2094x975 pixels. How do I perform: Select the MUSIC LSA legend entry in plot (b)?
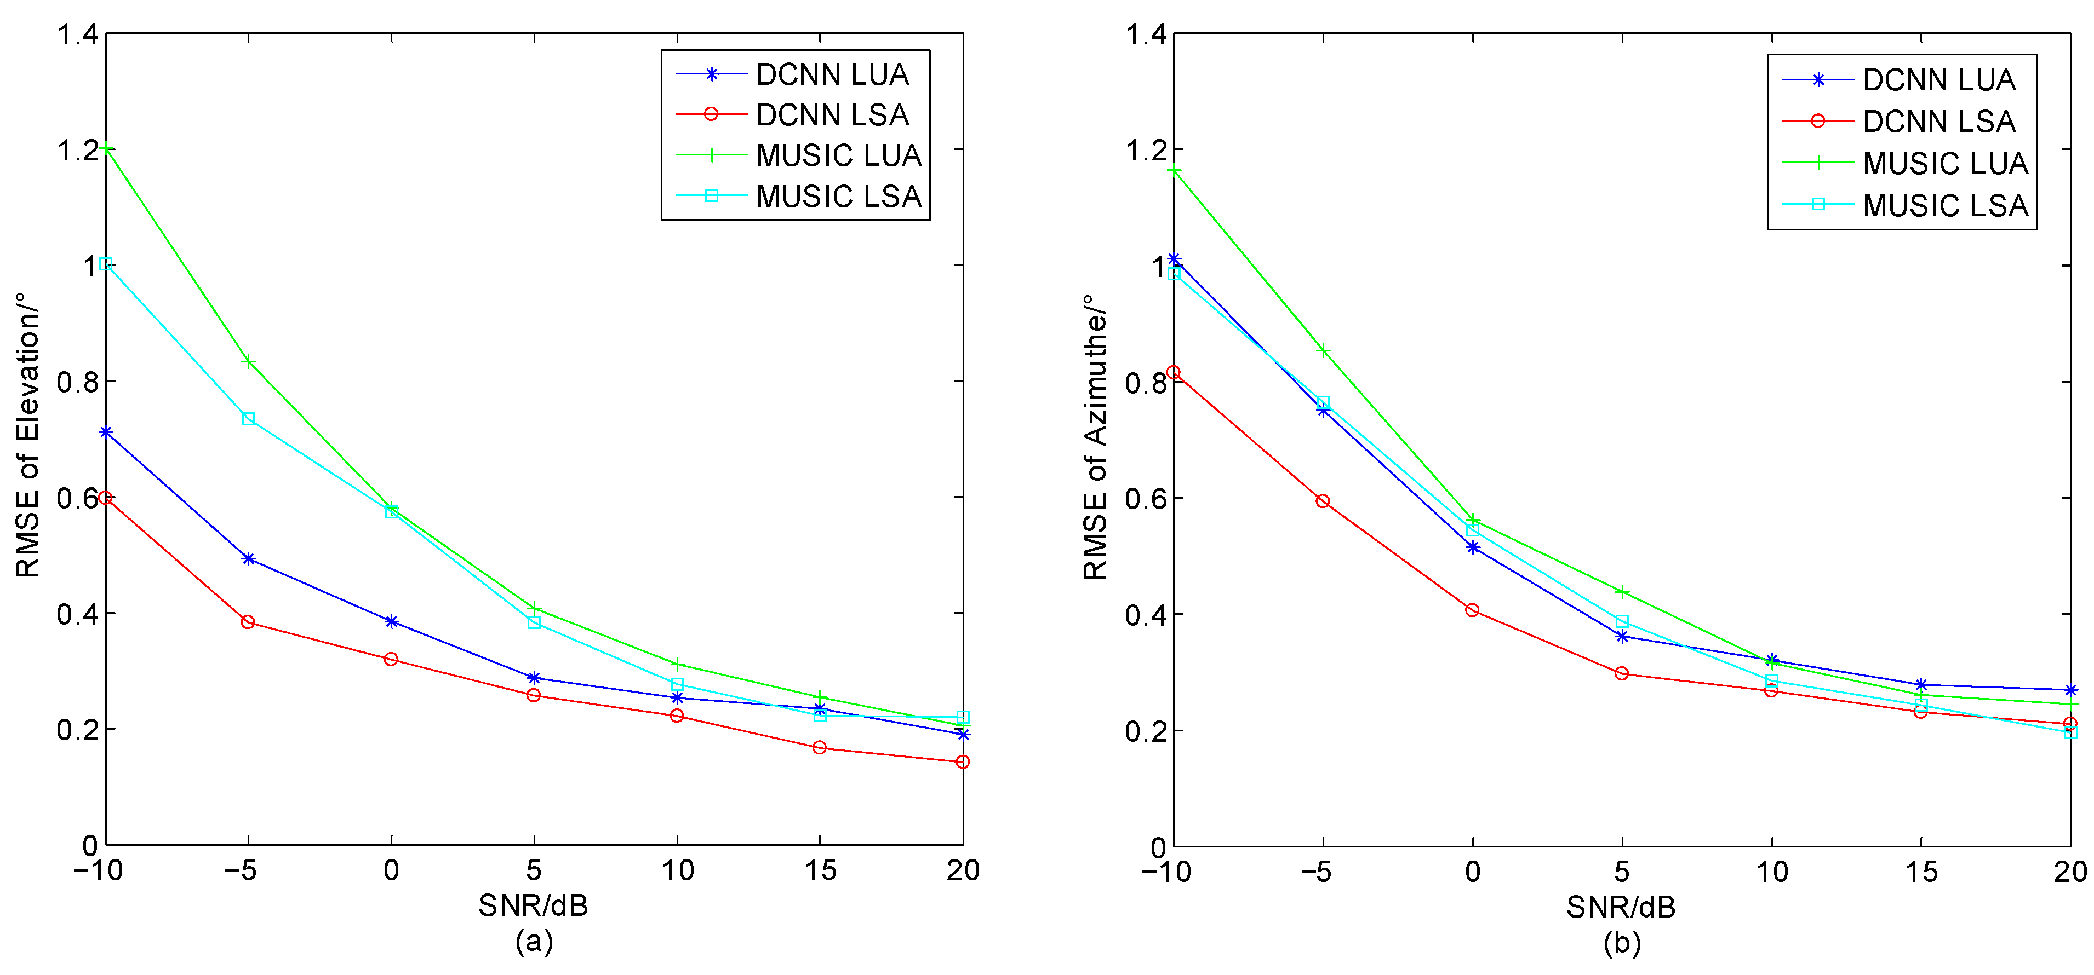(x=1904, y=205)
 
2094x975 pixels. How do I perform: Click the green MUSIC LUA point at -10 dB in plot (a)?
(x=106, y=149)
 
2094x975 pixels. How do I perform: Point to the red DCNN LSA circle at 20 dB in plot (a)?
(x=963, y=762)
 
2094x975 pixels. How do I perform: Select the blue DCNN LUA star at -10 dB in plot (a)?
(x=106, y=432)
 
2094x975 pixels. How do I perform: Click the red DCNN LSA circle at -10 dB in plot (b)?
(x=1174, y=373)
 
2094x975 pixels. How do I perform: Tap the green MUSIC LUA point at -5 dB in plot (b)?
(x=1323, y=351)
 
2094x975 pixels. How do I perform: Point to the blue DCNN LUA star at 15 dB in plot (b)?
(x=1921, y=685)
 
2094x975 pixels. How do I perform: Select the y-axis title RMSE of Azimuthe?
(x=1095, y=436)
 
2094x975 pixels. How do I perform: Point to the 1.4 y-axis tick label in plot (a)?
(x=77, y=35)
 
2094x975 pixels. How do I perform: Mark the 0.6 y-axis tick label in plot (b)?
(x=1146, y=499)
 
